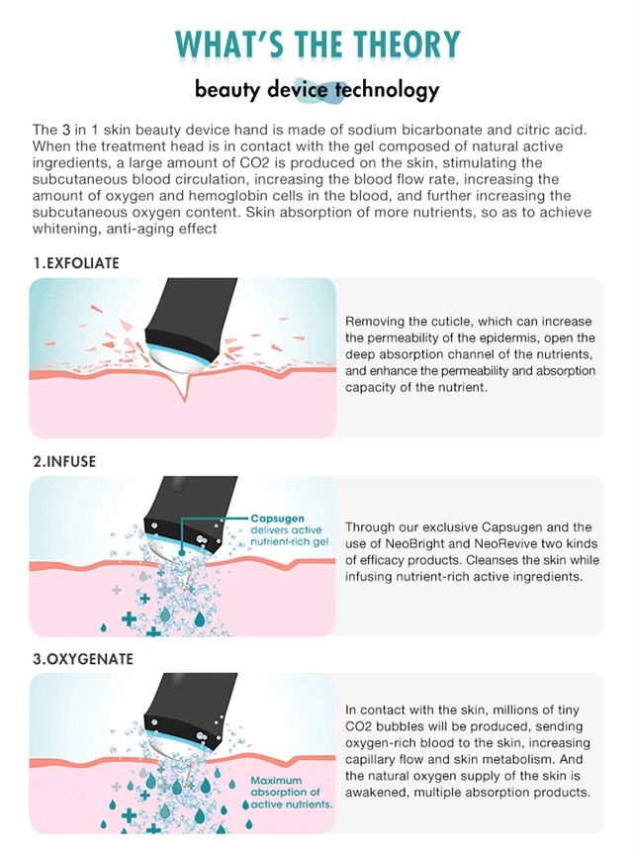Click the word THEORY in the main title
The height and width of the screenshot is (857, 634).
[407, 45]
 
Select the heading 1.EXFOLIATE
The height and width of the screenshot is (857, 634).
[76, 263]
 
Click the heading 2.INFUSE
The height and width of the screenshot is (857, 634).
[64, 461]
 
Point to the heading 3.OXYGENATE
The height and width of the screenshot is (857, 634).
[83, 659]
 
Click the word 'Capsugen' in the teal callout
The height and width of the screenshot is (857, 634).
[277, 519]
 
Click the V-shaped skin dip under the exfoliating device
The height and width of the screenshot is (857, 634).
[186, 386]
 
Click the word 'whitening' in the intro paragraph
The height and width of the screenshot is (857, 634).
[66, 229]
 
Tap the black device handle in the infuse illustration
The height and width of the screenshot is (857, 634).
[188, 510]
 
